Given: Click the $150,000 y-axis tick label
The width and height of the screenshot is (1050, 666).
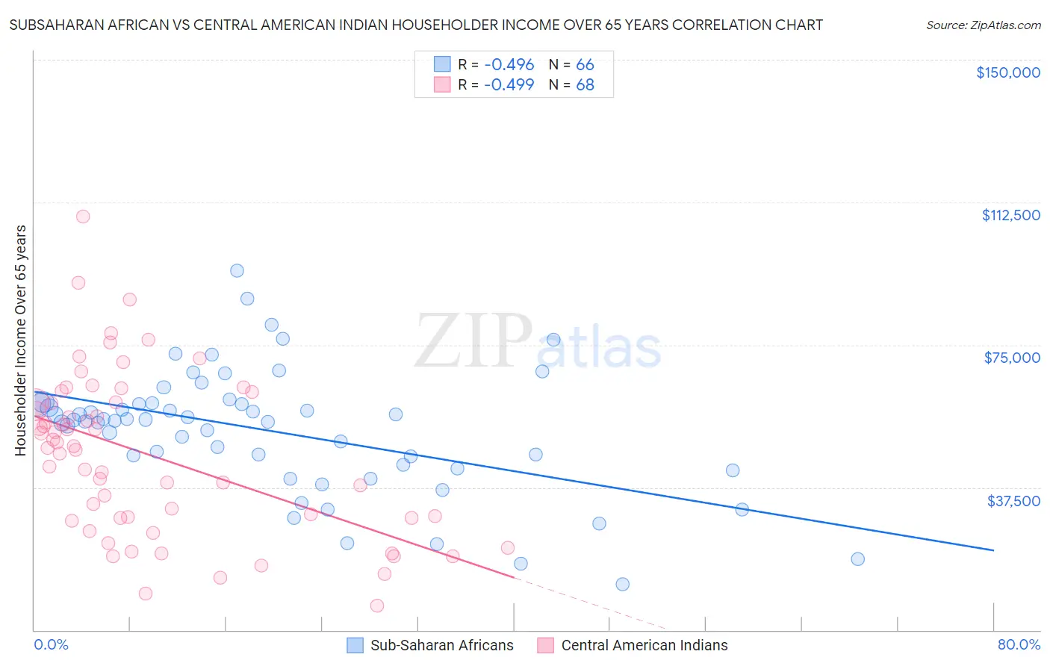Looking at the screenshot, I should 1007,72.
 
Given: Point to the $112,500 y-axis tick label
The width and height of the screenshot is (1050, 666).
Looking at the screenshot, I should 1010,215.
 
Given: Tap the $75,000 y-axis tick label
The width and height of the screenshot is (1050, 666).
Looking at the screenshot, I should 1012,358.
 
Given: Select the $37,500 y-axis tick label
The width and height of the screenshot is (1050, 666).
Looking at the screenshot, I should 1013,500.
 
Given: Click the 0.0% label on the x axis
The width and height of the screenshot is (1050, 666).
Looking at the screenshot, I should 51,645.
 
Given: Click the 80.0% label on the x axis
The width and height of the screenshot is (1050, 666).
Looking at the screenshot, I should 1019,645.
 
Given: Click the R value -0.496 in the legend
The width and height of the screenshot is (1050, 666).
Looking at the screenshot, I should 509,65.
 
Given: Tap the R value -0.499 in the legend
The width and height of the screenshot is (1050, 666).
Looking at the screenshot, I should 509,84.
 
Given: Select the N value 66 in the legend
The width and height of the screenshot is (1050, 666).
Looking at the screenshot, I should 585,65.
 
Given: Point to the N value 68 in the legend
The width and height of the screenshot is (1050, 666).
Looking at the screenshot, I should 585,84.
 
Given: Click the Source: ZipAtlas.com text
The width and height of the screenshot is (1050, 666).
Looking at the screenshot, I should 983,25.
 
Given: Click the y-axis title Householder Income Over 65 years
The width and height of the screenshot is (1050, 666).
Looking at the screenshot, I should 21,340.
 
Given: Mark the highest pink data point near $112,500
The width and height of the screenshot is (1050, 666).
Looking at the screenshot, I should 83,217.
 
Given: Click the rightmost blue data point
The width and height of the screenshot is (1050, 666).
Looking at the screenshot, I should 857,559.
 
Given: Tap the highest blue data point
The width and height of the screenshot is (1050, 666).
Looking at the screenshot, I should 237,271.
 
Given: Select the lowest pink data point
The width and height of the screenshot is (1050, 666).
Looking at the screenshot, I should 377,606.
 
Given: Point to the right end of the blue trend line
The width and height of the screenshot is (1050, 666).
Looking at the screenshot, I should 993,550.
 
